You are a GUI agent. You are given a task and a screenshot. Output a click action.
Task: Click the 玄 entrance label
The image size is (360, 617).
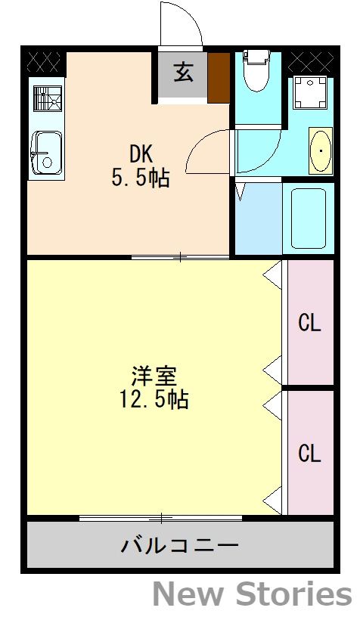coord(182,73)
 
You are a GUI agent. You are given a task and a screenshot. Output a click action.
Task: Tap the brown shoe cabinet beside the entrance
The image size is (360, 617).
coord(219,76)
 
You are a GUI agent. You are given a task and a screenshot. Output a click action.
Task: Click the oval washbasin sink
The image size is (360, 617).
coord(321,151)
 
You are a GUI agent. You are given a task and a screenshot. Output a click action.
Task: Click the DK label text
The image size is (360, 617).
coord(141,154)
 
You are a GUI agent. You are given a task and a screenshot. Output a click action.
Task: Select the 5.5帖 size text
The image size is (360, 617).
coord(140,178)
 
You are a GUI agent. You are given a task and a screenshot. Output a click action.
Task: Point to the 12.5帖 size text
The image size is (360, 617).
coord(154,398)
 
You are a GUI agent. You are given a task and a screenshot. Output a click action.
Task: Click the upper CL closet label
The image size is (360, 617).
coord(309,323)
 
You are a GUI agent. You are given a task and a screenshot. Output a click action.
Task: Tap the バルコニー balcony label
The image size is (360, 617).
coord(180,544)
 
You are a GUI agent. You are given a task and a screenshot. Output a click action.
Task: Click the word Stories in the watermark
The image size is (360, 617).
coord(297,594)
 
